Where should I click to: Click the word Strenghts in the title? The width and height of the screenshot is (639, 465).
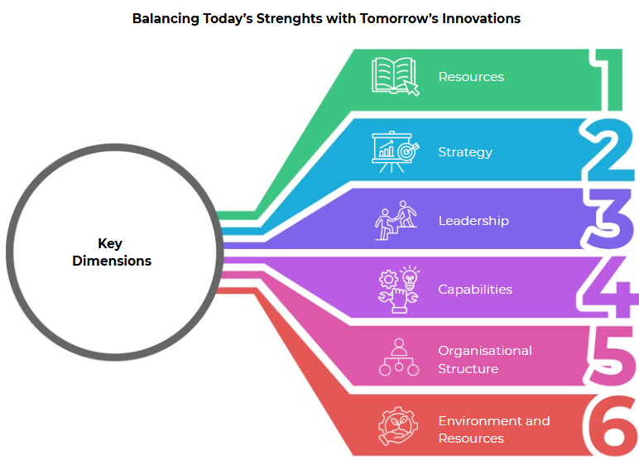pyautogui.click(x=290, y=19)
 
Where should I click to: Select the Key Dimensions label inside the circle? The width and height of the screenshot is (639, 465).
pyautogui.click(x=111, y=252)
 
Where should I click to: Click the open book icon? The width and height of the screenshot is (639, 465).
pyautogui.click(x=396, y=77)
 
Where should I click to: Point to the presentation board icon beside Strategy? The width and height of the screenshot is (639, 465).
pyautogui.click(x=396, y=152)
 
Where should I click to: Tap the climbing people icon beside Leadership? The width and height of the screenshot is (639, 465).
pyautogui.click(x=396, y=220)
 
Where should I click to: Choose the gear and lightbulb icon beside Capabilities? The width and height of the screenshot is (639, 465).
pyautogui.click(x=399, y=290)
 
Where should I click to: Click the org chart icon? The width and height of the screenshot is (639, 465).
pyautogui.click(x=399, y=357)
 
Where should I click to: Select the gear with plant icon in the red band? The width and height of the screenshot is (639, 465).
pyautogui.click(x=398, y=426)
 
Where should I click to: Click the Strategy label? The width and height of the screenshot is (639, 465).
pyautogui.click(x=465, y=152)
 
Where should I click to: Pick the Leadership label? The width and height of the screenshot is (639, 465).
pyautogui.click(x=473, y=221)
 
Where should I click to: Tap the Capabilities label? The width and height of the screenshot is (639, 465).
pyautogui.click(x=475, y=290)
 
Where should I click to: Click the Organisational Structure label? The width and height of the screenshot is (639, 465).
pyautogui.click(x=485, y=360)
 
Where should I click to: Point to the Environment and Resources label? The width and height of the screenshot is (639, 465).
pyautogui.click(x=494, y=429)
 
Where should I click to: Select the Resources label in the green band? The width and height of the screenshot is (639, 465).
pyautogui.click(x=471, y=77)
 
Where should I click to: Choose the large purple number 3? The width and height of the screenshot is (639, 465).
pyautogui.click(x=608, y=219)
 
